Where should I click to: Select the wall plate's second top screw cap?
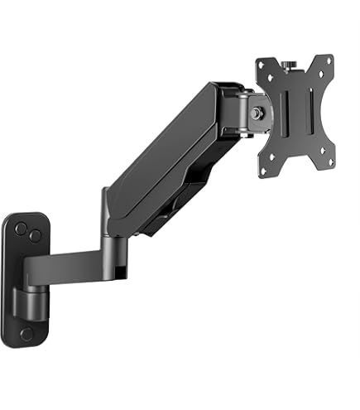pos(36,235)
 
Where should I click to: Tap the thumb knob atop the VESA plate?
pos(291,61)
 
